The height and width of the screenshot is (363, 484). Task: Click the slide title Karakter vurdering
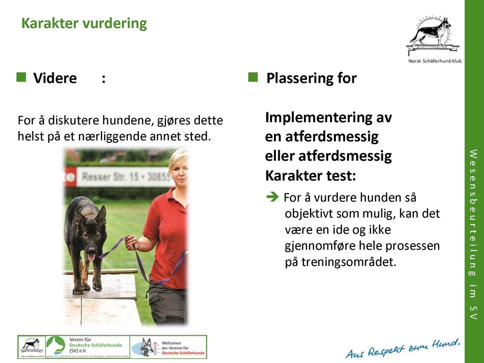pyautogui.click(x=84, y=23)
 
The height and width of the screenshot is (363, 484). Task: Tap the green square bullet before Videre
pyautogui.click(x=21, y=77)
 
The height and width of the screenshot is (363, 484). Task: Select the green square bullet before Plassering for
pyautogui.click(x=253, y=77)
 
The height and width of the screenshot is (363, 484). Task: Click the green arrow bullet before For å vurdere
pyautogui.click(x=273, y=197)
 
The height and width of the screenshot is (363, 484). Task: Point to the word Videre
pyautogui.click(x=55, y=78)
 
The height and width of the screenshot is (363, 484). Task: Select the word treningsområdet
pyautogui.click(x=341, y=262)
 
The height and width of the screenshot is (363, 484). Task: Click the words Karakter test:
pyautogui.click(x=310, y=176)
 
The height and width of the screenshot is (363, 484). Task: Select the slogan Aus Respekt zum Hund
pyautogui.click(x=403, y=348)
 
